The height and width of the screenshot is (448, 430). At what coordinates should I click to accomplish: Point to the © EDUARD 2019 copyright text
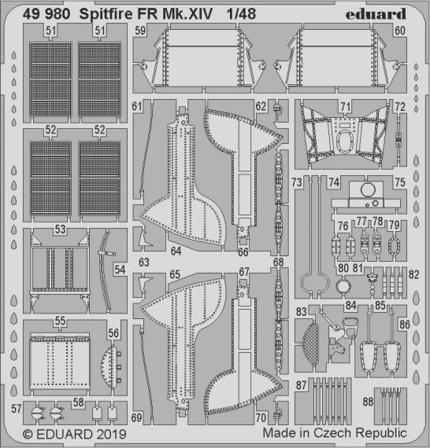tap(69, 433)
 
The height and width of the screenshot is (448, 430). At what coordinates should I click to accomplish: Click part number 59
tap(140, 31)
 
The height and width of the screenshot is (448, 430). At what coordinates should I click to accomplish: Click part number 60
tap(399, 31)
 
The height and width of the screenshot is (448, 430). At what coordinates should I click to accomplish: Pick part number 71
tap(345, 105)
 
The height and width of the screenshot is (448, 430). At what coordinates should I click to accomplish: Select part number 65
tap(175, 274)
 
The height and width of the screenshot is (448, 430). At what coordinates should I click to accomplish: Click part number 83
tap(302, 312)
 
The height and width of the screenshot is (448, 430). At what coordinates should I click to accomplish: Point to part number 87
tap(302, 385)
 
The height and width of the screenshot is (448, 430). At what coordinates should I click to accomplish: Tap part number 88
tap(367, 402)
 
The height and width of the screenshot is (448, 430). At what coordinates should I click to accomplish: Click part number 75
tap(400, 182)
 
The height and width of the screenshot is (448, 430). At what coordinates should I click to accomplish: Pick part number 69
tap(138, 417)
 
